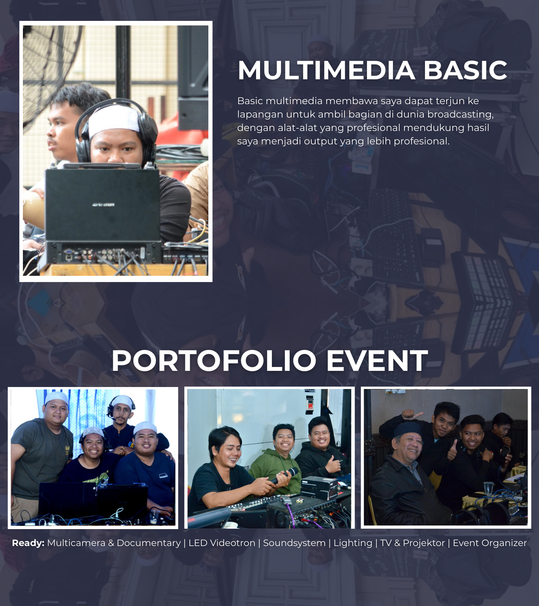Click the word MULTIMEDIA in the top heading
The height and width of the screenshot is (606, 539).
[326, 70]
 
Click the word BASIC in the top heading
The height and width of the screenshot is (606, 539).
[466, 70]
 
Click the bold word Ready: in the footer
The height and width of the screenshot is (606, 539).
[28, 543]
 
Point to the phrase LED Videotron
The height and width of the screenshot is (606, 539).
[222, 543]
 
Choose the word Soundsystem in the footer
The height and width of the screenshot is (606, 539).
[294, 543]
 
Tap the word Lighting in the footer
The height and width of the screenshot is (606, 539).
[353, 543]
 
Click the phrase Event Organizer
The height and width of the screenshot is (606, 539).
[490, 543]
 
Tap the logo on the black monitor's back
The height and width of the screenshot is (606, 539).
[103, 205]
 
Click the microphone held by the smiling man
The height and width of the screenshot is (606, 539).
[284, 475]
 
